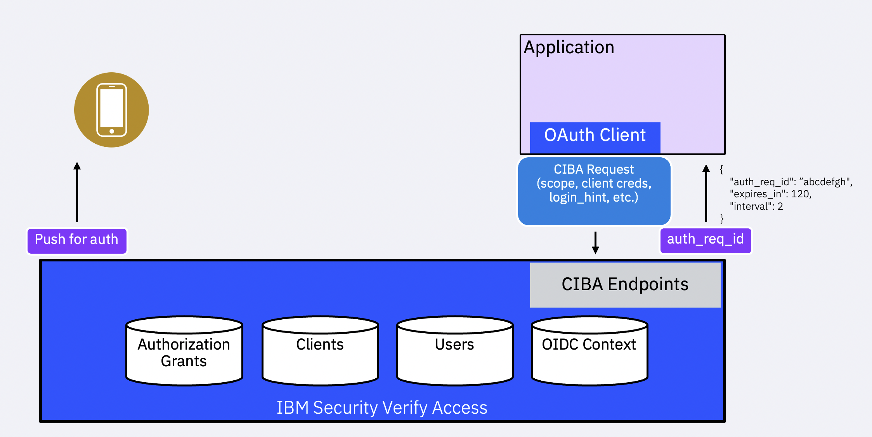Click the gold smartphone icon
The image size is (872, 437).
pyautogui.click(x=111, y=110)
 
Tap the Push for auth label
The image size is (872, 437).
pyautogui.click(x=76, y=240)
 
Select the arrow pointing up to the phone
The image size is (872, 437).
pyautogui.click(x=77, y=192)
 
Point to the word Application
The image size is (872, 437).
pyautogui.click(x=569, y=47)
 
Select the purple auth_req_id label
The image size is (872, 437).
pyautogui.click(x=705, y=240)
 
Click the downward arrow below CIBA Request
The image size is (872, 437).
pyautogui.click(x=595, y=243)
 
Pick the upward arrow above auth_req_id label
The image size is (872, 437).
pyautogui.click(x=706, y=193)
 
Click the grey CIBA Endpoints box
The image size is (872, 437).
pyautogui.click(x=625, y=284)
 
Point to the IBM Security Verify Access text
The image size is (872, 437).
pyautogui.click(x=381, y=408)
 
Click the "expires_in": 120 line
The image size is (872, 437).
pyautogui.click(x=770, y=194)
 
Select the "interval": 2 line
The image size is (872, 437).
pyautogui.click(x=756, y=206)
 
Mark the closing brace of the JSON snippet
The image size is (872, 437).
pyautogui.click(x=722, y=219)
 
